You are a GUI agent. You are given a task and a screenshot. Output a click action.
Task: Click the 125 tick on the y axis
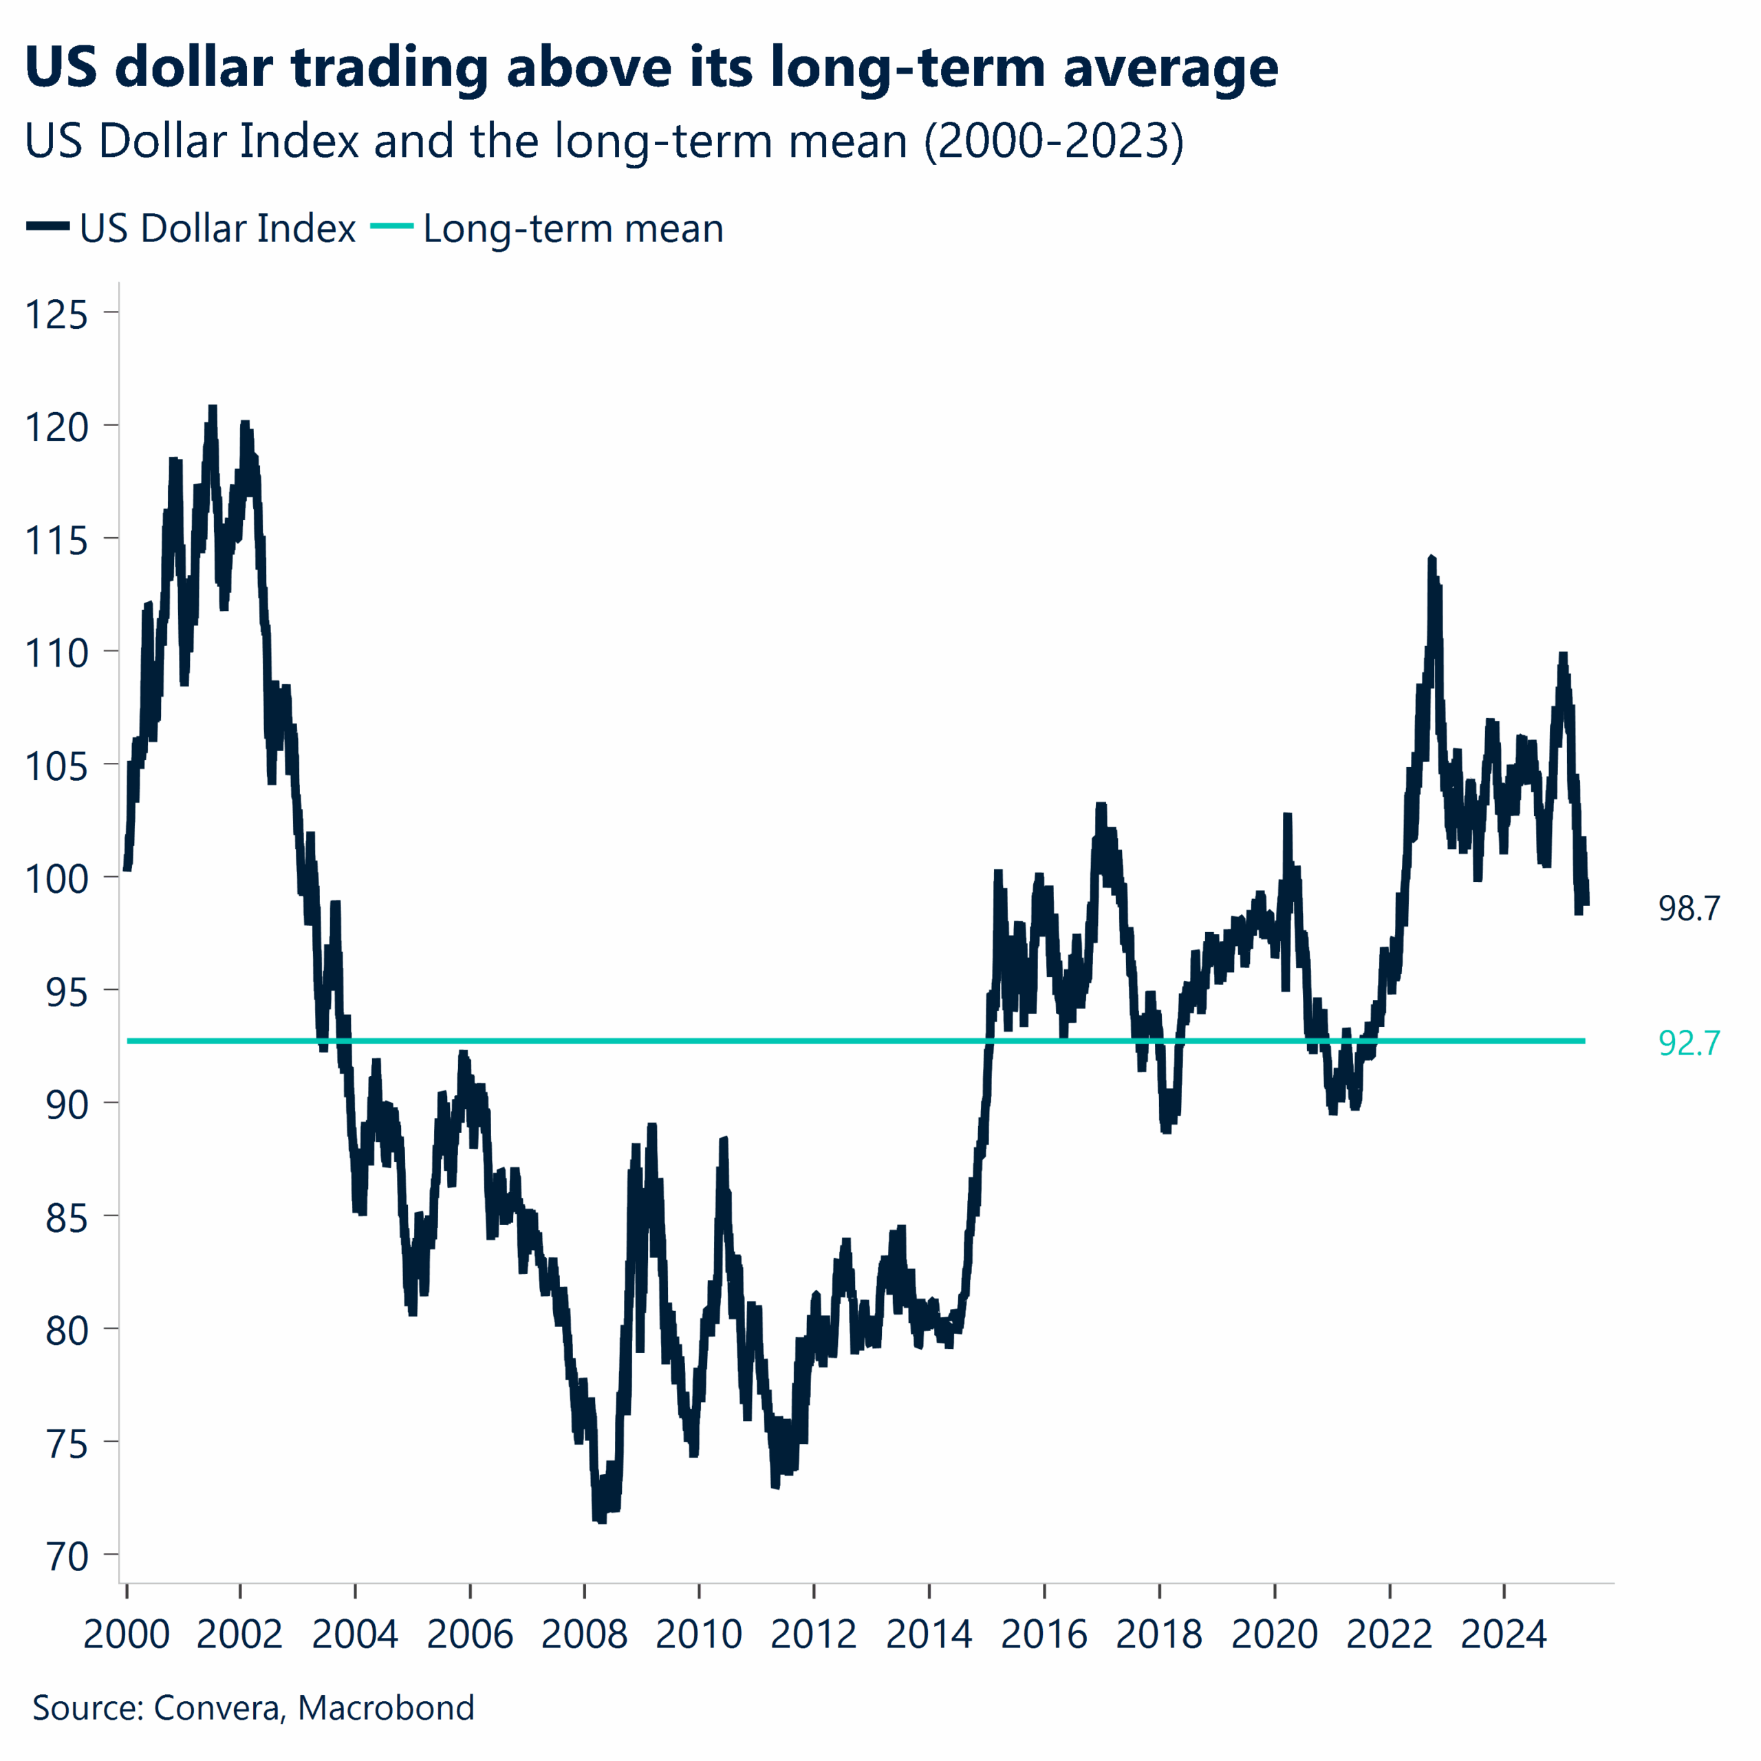[56, 314]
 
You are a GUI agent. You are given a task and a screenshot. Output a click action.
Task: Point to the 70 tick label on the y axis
[67, 1557]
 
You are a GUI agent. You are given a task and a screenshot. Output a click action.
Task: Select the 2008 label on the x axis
[584, 1634]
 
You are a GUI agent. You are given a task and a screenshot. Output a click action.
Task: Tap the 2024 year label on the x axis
[1503, 1634]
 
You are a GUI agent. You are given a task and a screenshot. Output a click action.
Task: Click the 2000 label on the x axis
[127, 1634]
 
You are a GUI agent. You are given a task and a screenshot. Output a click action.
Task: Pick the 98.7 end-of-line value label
[1689, 908]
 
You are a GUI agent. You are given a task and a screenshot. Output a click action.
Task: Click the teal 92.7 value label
[1689, 1043]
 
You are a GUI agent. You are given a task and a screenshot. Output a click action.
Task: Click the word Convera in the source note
[216, 1707]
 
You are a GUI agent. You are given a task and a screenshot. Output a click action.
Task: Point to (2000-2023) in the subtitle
[1054, 141]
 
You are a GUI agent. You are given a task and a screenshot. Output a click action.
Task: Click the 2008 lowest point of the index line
[601, 1520]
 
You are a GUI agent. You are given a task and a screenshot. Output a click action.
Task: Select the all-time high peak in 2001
[213, 407]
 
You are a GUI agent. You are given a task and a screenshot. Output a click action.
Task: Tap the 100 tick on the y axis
[56, 878]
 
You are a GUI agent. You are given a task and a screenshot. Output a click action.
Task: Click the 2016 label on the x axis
[1044, 1634]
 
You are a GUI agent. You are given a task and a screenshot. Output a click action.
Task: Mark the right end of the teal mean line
[1584, 1041]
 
